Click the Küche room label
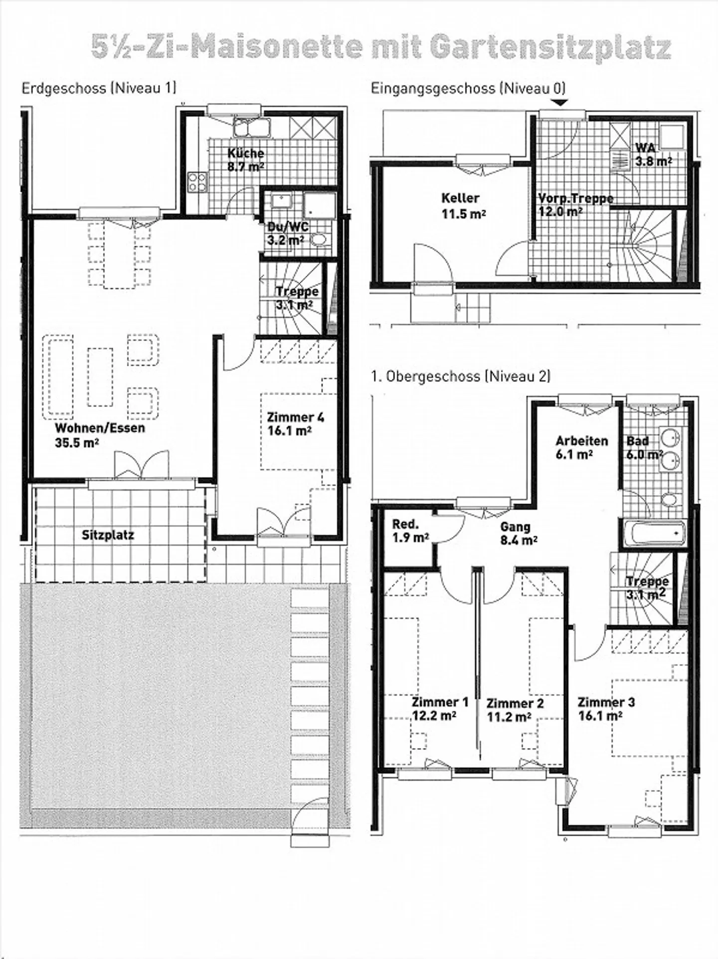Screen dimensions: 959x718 point(245,154)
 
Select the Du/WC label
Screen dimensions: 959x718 point(288,227)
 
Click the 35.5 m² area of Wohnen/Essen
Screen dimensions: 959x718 point(76,443)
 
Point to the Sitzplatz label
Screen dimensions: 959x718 point(108,535)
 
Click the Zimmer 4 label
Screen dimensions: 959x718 point(295,417)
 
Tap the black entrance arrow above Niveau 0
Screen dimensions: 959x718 point(561,103)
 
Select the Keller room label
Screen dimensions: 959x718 point(460,198)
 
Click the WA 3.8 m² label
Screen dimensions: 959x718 point(652,155)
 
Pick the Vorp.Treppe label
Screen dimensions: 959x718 point(575,198)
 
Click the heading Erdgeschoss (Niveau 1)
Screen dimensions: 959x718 point(99,88)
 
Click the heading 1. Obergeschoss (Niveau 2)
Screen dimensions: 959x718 point(460,376)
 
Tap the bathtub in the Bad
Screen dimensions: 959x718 point(653,534)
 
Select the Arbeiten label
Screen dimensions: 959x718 point(582,441)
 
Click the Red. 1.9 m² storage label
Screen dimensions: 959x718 point(410,531)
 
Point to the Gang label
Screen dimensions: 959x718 point(515,527)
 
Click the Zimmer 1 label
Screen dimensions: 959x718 point(440,702)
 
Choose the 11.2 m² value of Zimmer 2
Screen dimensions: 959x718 point(509,717)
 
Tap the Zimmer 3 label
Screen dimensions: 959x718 point(606,702)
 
